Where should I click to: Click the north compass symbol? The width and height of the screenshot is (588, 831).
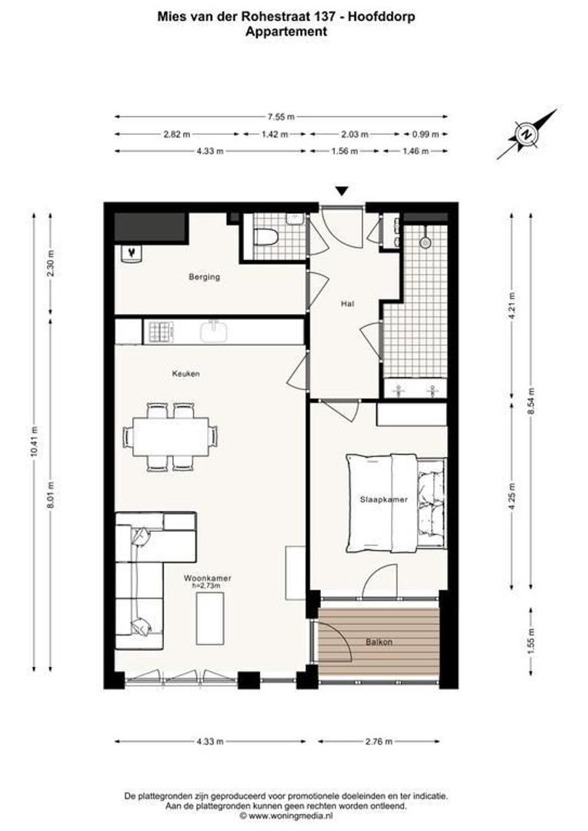coord(526,134)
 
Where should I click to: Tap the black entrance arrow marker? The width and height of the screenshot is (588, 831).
coord(342,192)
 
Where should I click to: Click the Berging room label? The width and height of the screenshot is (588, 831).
coord(205,277)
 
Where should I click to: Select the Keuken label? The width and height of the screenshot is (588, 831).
coord(186,374)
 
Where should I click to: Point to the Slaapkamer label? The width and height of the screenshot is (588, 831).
coord(383,499)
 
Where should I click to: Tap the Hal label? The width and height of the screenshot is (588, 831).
coord(347,304)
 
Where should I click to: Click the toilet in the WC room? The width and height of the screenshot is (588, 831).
coord(266,237)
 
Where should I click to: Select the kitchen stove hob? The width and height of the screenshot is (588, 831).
coord(161,332)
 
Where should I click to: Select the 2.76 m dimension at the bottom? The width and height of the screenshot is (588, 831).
coord(379,742)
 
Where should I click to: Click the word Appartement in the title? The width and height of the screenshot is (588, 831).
coord(286,32)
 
